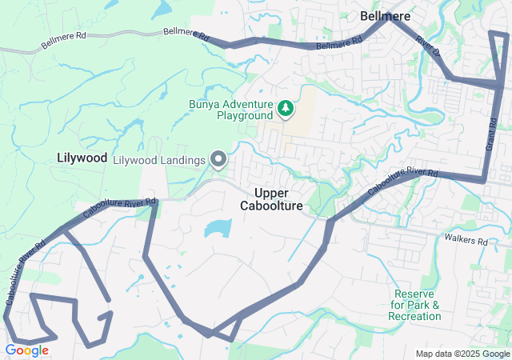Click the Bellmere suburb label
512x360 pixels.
pos(385,16)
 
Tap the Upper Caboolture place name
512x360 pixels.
pos(272,200)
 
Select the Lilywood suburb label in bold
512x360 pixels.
pos(82,158)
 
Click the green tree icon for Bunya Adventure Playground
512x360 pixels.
pos(285,107)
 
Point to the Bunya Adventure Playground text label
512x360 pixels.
pos(231,110)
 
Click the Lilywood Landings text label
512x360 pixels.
pos(160,160)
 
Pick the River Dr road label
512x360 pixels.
pos(430,47)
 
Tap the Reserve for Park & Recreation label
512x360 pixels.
pos(414,305)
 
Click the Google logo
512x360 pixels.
pos(26,350)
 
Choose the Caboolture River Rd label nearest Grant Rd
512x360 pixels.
pos(403,183)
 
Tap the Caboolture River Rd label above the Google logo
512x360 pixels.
pos(25,271)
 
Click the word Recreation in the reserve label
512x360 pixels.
pos(414,316)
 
